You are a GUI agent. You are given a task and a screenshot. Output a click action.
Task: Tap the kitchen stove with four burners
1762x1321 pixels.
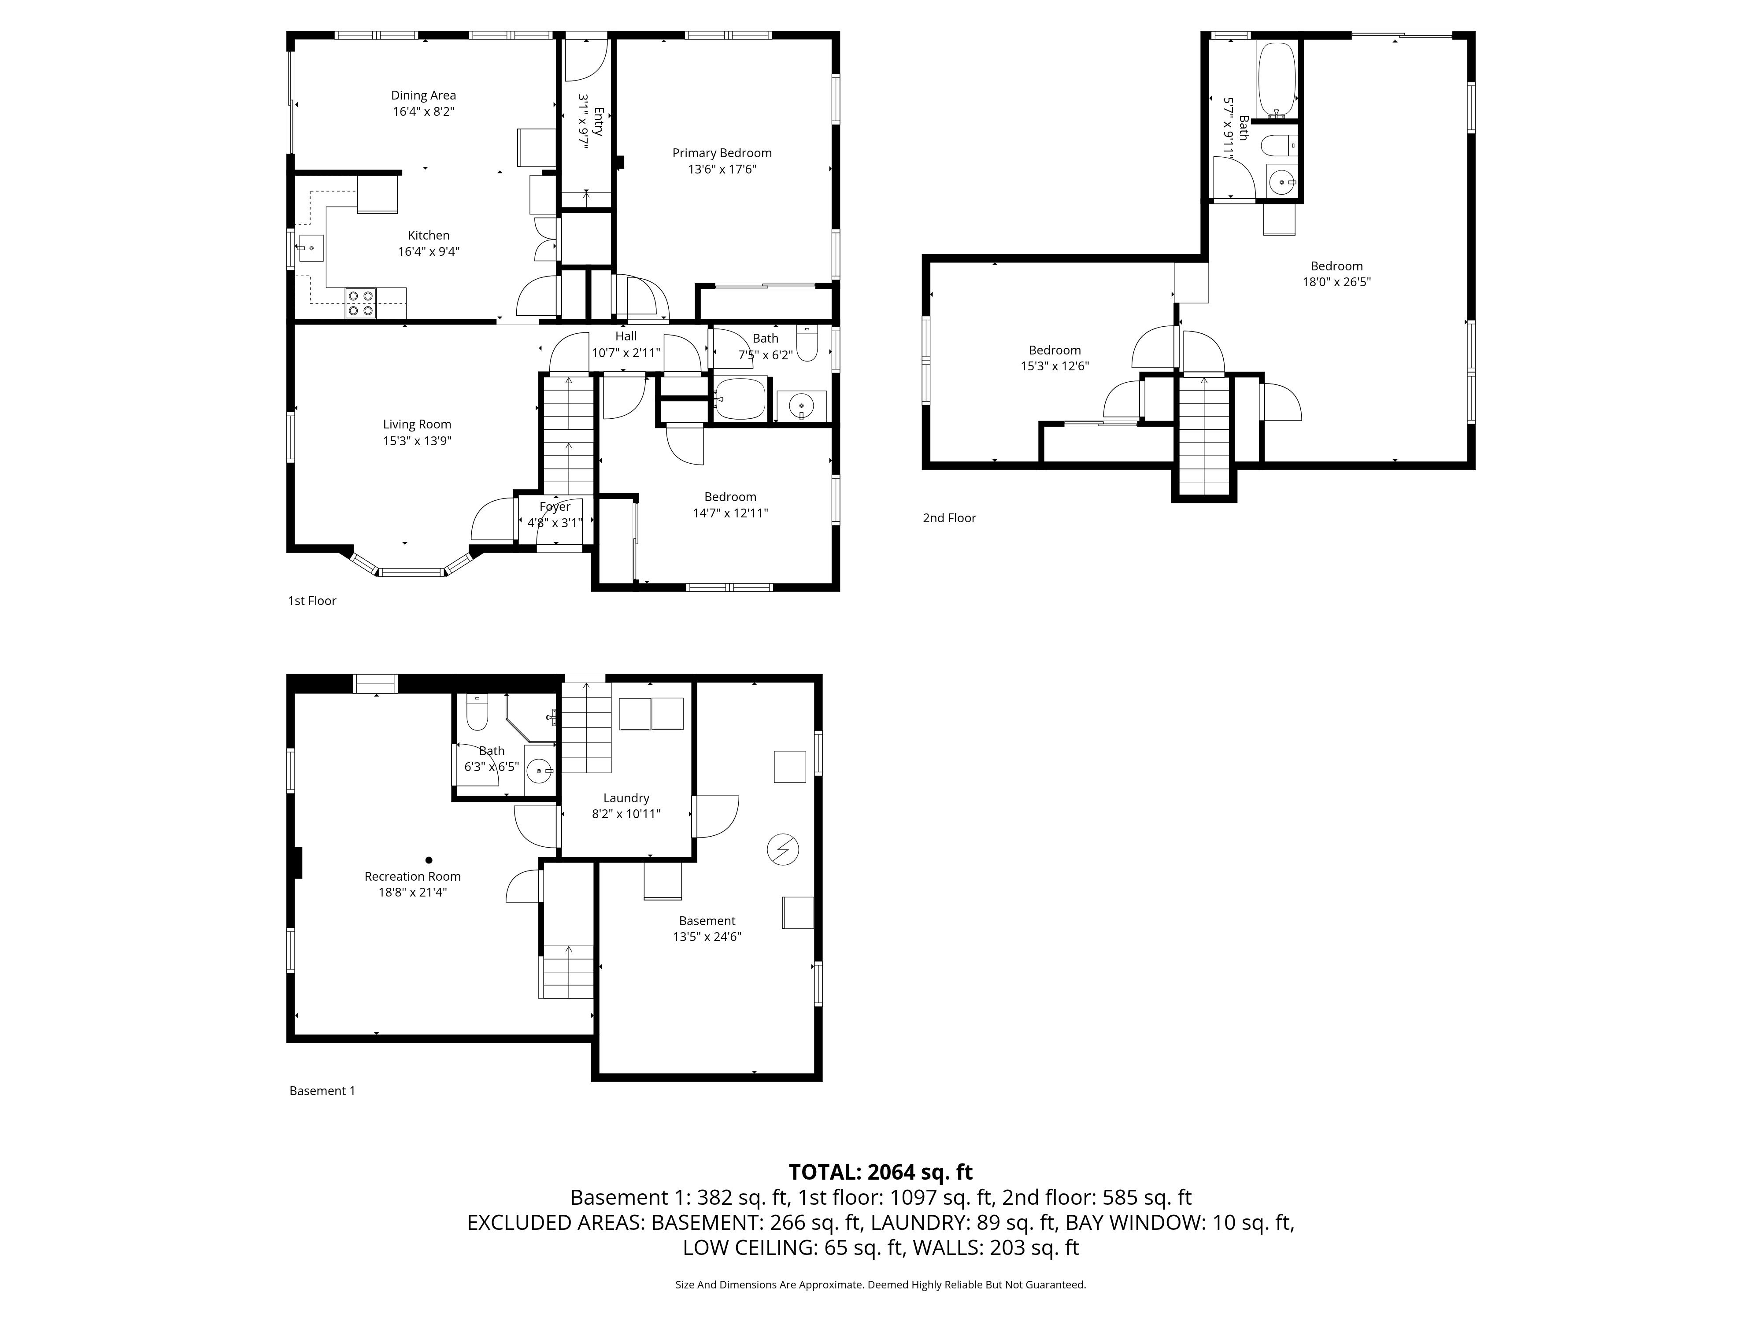[360, 303]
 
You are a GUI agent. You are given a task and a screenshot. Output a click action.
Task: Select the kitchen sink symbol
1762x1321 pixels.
[311, 248]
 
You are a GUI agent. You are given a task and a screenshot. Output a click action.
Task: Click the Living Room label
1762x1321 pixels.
[417, 424]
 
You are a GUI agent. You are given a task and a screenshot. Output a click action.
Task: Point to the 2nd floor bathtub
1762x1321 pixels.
[1276, 80]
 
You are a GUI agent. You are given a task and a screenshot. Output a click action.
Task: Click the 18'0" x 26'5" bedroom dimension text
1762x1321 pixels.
[1336, 282]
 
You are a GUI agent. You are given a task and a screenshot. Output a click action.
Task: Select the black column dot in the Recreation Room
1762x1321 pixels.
[429, 860]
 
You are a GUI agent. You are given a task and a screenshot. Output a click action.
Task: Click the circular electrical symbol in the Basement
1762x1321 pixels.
[782, 849]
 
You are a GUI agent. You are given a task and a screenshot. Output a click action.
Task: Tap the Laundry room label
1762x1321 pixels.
[626, 798]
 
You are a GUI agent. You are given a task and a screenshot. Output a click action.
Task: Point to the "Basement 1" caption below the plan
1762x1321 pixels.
[322, 1091]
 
